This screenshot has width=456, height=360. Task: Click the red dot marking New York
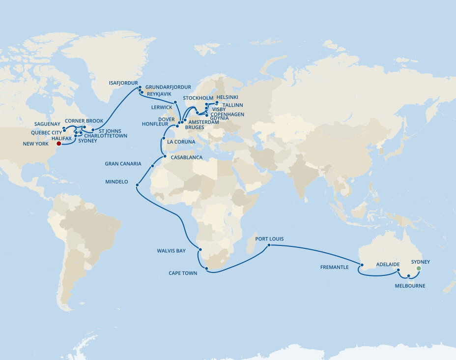click(58, 144)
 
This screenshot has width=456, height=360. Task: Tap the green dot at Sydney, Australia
click(419, 269)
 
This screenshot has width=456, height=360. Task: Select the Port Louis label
click(269, 239)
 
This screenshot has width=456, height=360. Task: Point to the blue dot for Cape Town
click(207, 269)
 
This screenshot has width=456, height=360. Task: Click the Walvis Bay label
click(171, 251)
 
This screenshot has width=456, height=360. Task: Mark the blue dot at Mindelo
click(137, 185)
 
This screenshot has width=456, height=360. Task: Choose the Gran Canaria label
click(123, 164)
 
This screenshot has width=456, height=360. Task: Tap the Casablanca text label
click(186, 157)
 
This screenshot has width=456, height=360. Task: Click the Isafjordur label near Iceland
click(123, 84)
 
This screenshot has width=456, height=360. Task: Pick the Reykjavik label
click(159, 93)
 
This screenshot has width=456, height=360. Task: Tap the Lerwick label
click(162, 107)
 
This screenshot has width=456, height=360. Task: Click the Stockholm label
click(198, 98)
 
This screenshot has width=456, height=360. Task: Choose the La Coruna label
click(181, 142)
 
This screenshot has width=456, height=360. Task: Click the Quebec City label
click(46, 133)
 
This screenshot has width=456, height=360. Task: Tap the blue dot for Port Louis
click(269, 245)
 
